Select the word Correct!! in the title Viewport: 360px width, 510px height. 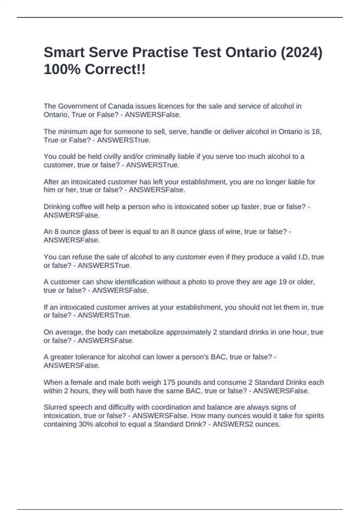pos(115,70)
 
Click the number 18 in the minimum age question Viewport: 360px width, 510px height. pos(317,132)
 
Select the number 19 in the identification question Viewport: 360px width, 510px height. pos(282,282)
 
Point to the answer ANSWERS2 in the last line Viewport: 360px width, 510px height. pos(231,424)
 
